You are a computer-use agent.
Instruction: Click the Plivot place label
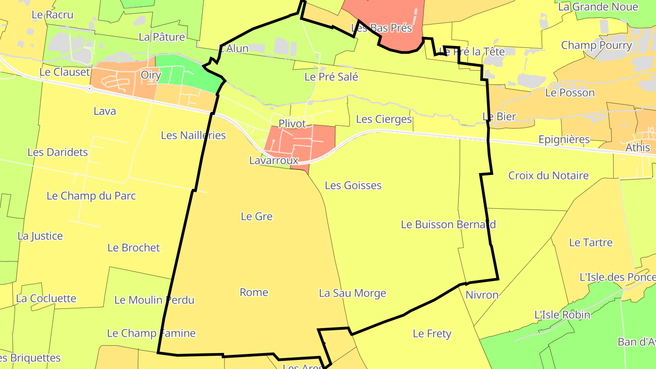(x=292, y=123)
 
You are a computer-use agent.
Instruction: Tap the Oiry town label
(x=151, y=75)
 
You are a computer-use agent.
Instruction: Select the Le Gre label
(x=256, y=216)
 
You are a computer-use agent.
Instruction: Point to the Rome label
(x=254, y=292)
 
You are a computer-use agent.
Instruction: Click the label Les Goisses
(x=353, y=185)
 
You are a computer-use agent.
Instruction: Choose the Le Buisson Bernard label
(x=448, y=225)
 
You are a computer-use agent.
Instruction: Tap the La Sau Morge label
(x=352, y=293)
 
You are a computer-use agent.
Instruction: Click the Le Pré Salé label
(x=331, y=77)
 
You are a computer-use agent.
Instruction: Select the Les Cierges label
(x=384, y=119)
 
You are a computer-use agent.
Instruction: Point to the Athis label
(x=638, y=148)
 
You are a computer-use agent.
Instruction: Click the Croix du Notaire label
(x=548, y=175)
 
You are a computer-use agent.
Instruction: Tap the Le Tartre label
(x=591, y=242)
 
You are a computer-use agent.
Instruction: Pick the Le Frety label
(x=432, y=334)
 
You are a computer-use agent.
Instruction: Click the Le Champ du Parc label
(x=91, y=196)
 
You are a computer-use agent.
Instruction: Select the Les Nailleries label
(x=193, y=135)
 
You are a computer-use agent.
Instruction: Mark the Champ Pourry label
(x=596, y=46)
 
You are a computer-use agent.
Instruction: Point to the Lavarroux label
(x=273, y=160)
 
